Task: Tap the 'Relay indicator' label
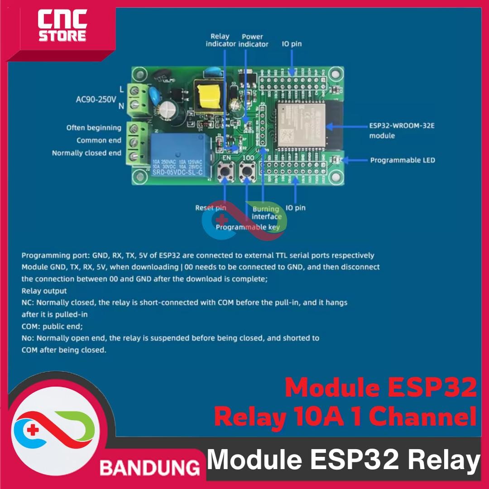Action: click(221, 40)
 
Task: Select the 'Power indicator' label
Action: click(254, 40)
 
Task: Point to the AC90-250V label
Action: click(96, 98)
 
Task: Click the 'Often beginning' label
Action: click(93, 128)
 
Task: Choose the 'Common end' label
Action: click(99, 140)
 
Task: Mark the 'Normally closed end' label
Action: click(86, 153)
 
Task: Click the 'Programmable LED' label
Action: click(402, 160)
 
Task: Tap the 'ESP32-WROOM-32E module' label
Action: click(401, 130)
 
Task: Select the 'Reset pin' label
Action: click(211, 208)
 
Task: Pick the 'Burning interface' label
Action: click(266, 212)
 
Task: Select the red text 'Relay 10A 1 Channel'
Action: click(345, 417)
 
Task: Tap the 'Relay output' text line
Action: click(44, 291)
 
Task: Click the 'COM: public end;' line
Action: click(52, 326)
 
